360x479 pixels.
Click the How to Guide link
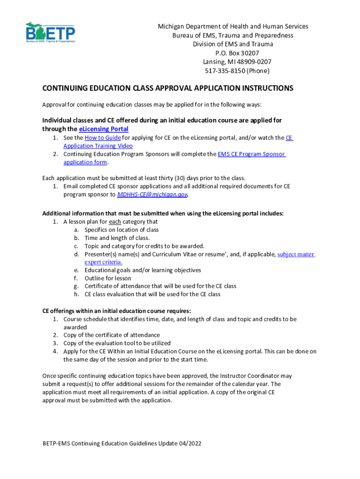[102, 138]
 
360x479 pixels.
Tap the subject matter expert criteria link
[296, 254]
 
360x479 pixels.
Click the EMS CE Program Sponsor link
[252, 154]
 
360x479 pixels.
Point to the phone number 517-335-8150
[222, 71]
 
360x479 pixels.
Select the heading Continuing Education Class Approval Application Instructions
[168, 88]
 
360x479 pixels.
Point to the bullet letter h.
[76, 294]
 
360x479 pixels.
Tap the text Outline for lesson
[108, 278]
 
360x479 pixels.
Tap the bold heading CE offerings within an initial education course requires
[116, 311]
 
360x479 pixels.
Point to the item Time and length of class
[117, 238]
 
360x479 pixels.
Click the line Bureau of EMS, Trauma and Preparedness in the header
[233, 35]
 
